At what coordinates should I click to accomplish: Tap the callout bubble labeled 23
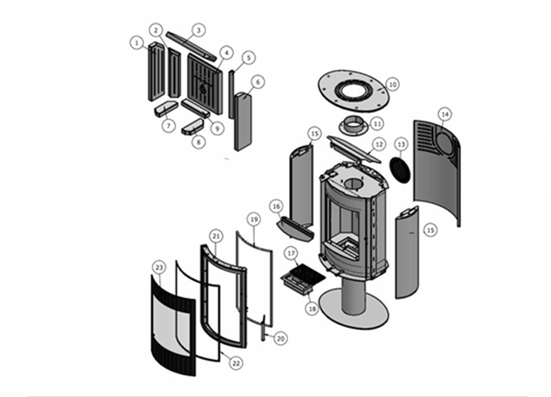159,267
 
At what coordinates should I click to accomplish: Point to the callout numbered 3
198,30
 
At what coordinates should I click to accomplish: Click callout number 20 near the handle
280,338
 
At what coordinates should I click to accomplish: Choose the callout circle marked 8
199,141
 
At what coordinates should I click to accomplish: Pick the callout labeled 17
291,254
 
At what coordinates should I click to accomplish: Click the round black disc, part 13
401,168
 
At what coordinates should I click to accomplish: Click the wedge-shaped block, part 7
165,108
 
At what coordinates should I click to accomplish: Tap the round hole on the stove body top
353,184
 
